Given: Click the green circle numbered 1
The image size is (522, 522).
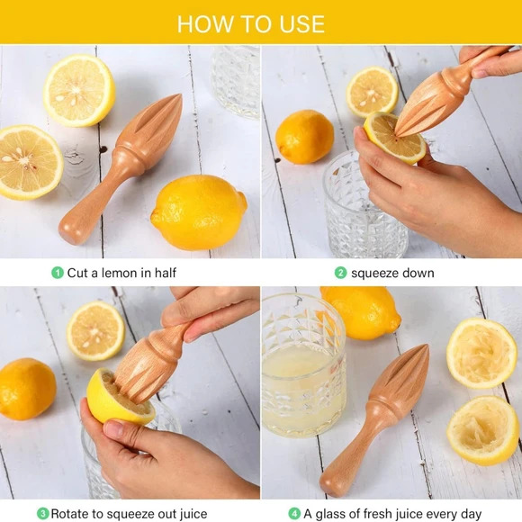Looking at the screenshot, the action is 58,273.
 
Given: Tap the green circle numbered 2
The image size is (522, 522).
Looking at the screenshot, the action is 340,273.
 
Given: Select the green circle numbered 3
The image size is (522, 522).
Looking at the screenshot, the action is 42,513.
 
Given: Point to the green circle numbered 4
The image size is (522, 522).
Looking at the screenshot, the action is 294,513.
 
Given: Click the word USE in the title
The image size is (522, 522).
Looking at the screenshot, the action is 301,24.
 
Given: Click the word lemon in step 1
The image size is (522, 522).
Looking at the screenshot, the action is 119,273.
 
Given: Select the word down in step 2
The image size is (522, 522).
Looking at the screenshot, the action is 418,273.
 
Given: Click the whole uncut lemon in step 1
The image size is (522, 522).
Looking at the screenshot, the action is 199,212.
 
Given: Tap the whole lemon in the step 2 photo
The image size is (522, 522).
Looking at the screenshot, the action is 304,137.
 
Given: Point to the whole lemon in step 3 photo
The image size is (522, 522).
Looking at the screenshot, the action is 27,389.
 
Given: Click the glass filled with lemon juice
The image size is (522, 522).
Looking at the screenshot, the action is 303,366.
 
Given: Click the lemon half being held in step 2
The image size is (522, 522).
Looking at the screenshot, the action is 394,138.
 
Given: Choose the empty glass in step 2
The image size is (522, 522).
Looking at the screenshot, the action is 364,204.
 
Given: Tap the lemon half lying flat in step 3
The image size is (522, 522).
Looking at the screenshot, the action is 95,330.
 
